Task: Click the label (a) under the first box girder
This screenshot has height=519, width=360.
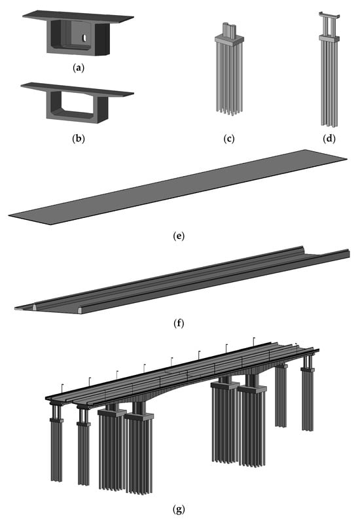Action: [79, 68]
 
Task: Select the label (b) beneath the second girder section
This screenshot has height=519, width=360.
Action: [79, 138]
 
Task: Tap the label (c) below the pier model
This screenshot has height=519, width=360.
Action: [229, 138]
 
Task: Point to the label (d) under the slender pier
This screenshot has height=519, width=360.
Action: [329, 138]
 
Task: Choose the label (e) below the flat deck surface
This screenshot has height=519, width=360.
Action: [179, 236]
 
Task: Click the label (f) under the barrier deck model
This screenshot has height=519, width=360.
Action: [179, 323]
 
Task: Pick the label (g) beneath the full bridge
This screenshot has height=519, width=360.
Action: [179, 509]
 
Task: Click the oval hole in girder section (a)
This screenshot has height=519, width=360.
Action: [84, 38]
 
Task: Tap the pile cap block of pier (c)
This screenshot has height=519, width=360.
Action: [229, 39]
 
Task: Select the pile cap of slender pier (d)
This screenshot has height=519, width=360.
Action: [329, 38]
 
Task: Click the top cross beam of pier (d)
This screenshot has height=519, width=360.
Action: [329, 15]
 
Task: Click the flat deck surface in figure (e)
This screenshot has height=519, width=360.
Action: [177, 187]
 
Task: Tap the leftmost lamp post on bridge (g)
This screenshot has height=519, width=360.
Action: [62, 389]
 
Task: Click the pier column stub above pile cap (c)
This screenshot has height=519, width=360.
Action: [229, 29]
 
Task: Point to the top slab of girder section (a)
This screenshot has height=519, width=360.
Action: [78, 16]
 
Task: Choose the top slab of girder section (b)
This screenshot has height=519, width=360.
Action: [77, 90]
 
